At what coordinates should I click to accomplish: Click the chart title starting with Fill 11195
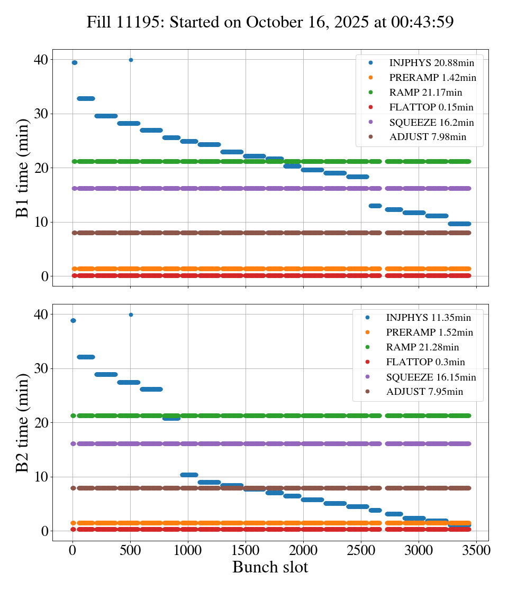(270, 22)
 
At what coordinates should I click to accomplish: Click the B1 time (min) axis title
(23, 168)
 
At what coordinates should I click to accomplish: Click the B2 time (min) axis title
(23, 423)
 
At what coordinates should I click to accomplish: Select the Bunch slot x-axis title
(270, 567)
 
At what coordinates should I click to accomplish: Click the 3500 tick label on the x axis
(476, 550)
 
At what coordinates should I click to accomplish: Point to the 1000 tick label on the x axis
(188, 550)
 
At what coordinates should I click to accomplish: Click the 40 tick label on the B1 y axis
(40, 60)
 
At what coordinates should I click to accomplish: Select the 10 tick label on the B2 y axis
(40, 477)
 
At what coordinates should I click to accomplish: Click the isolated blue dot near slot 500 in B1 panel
(131, 60)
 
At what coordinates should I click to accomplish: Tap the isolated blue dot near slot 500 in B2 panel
(131, 314)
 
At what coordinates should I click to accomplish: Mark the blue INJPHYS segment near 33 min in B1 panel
(86, 98)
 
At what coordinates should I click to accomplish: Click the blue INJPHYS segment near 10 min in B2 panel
(189, 475)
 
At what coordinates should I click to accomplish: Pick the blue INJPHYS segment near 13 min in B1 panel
(375, 206)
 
